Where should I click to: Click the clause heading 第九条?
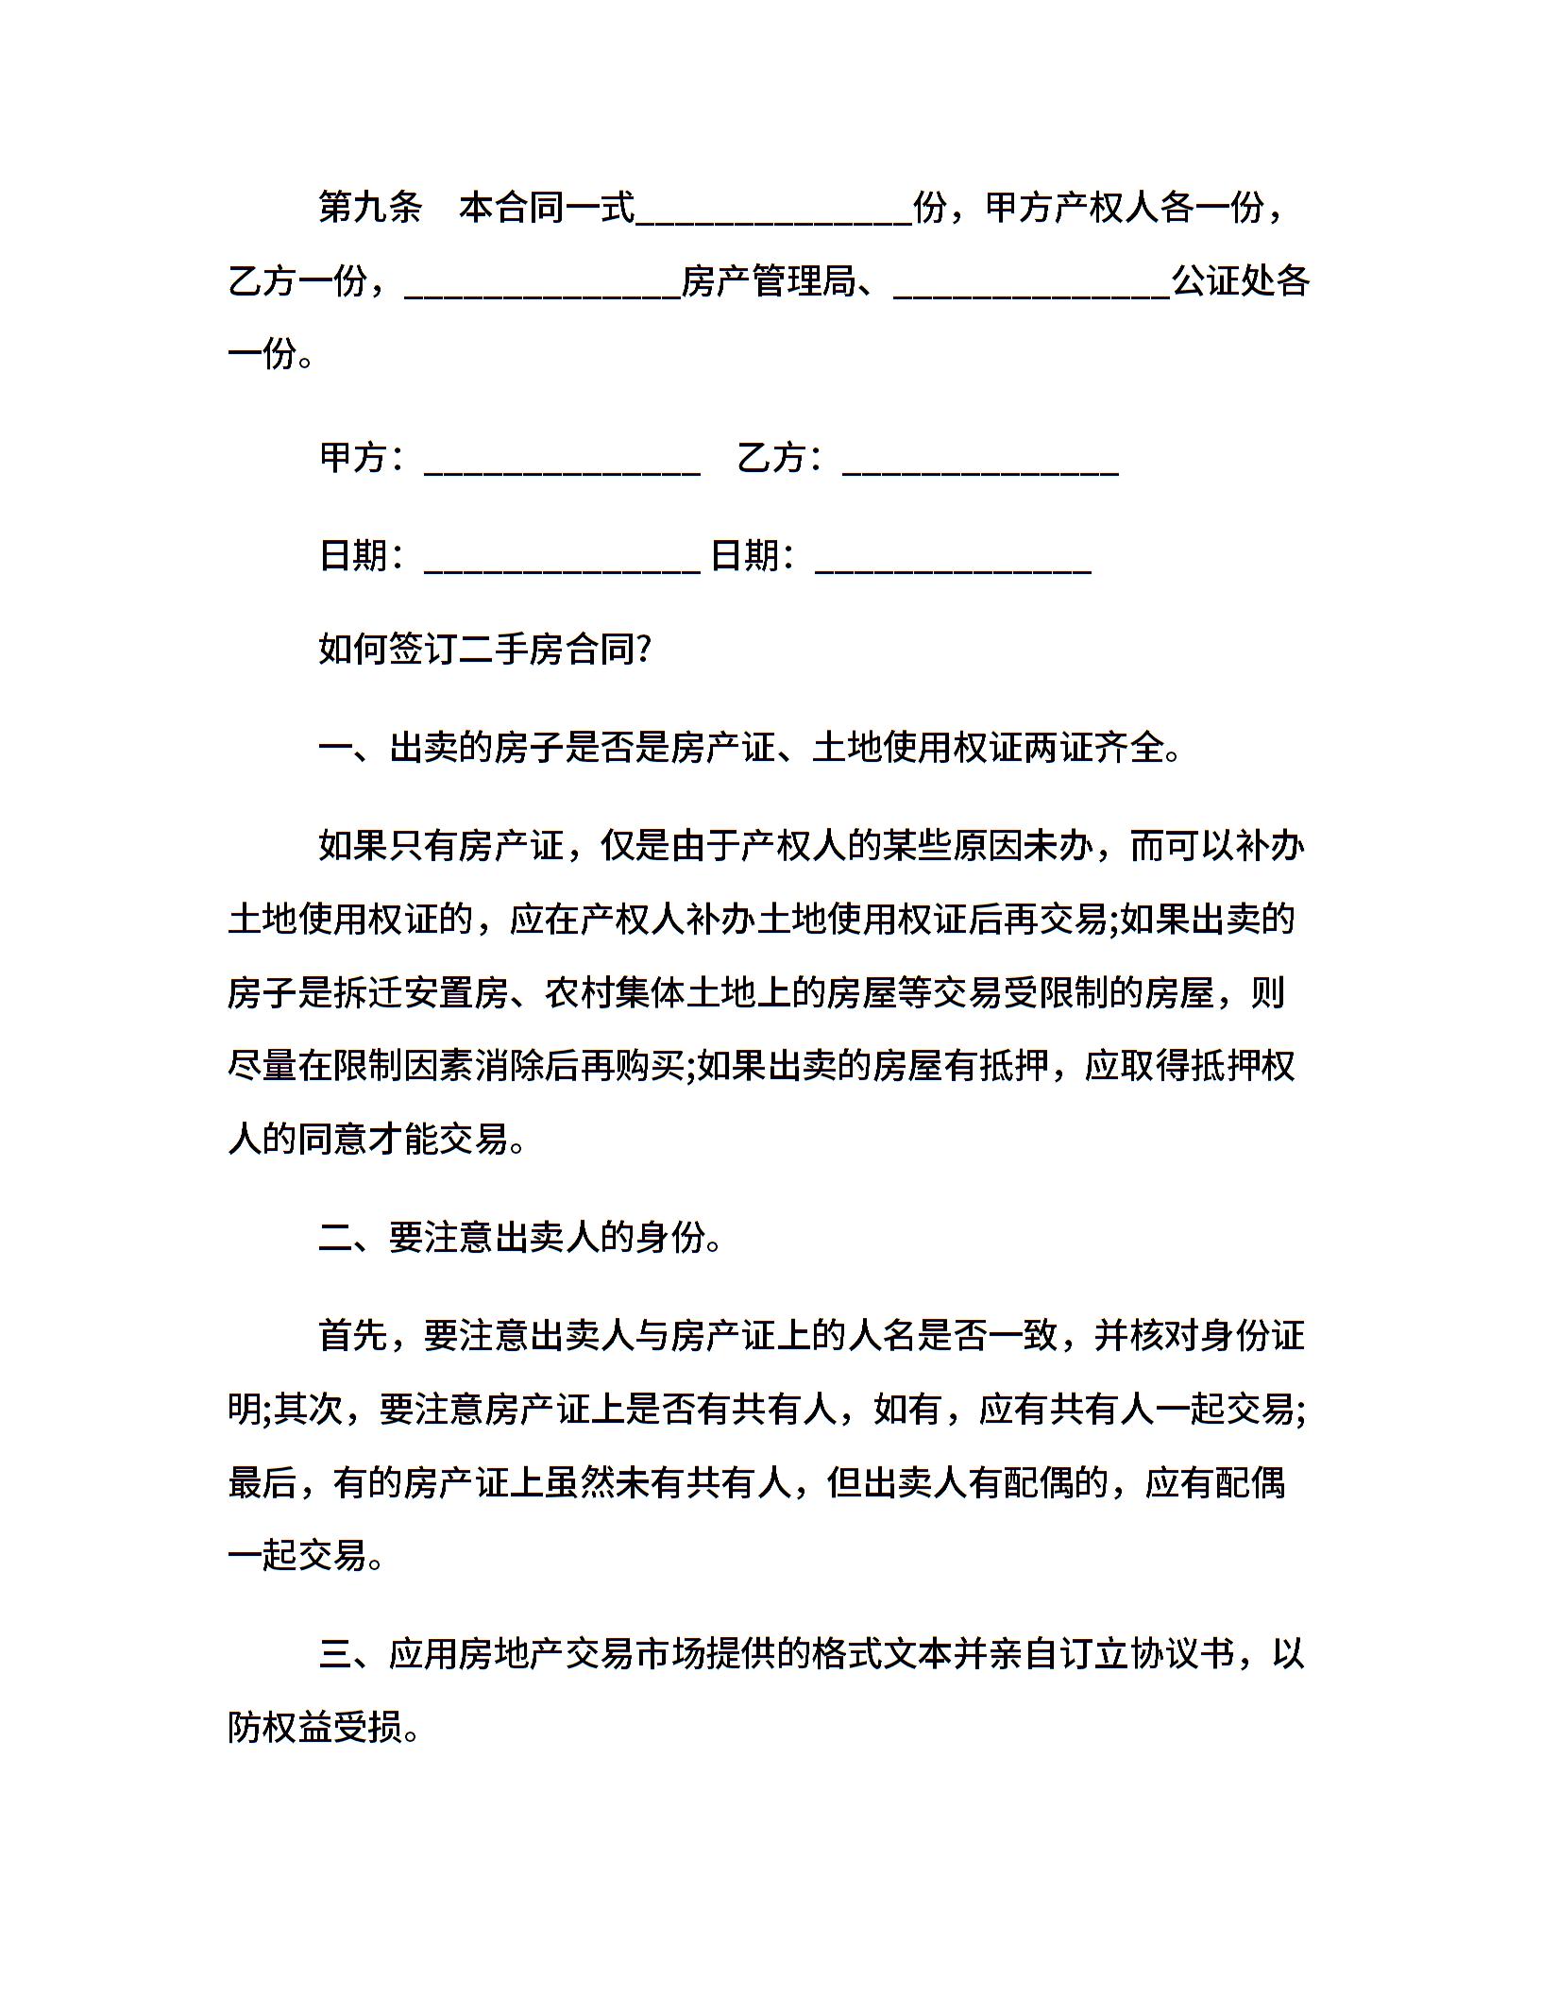coord(370,208)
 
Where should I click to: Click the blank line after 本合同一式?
coord(774,212)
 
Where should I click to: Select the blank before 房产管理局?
coord(542,286)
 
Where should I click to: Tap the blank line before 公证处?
coord(1031,286)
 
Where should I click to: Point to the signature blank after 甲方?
coord(563,463)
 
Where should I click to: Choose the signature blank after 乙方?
coord(980,463)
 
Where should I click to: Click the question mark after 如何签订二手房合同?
coord(645,650)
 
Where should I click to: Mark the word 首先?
coord(353,1335)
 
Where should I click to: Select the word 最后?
coord(262,1482)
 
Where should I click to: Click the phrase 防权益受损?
coord(315,1728)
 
